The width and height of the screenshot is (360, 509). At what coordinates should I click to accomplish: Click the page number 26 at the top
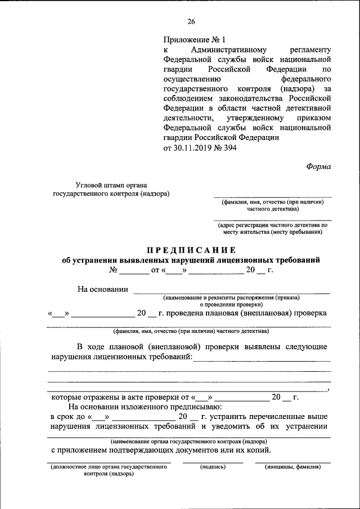(191, 22)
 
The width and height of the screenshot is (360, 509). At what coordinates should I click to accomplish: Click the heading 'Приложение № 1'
(193, 40)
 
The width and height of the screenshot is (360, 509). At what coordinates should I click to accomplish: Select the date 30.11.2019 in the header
(195, 148)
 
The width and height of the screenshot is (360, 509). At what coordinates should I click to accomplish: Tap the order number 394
(230, 148)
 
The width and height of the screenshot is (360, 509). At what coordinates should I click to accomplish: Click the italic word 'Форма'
(319, 166)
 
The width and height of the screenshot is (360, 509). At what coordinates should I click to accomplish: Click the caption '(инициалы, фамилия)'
(292, 467)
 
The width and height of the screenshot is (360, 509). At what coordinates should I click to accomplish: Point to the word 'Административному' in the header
(222, 50)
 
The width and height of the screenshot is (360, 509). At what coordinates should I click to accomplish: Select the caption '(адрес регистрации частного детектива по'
(272, 224)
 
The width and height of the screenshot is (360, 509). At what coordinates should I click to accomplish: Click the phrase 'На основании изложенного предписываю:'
(146, 407)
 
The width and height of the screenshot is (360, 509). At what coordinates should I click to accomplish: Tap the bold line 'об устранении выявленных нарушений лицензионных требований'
(191, 260)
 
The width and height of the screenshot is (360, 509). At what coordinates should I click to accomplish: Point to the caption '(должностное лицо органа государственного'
(109, 467)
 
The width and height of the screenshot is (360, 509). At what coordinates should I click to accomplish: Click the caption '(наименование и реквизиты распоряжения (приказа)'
(231, 297)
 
